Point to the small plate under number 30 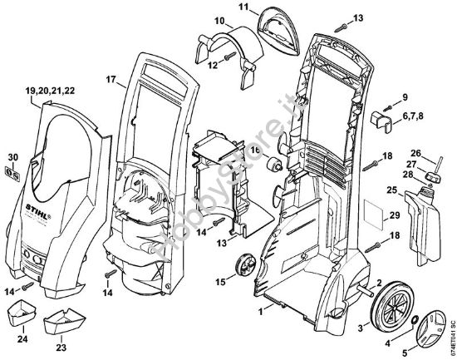point(12,173)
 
